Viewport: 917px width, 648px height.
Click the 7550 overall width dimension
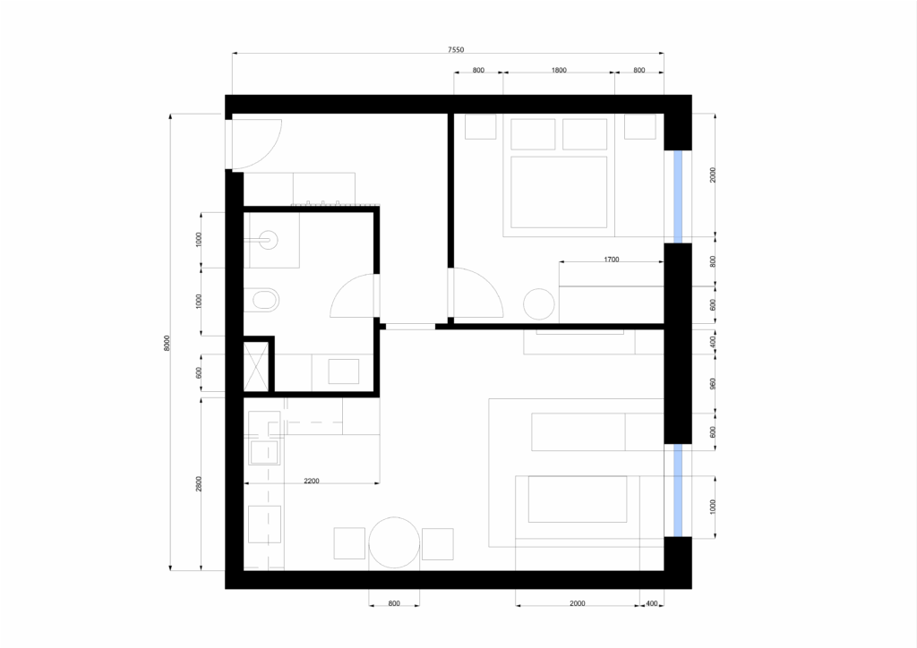tap(456, 50)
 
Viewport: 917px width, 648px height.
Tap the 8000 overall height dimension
tap(167, 343)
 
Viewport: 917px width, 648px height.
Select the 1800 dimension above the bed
tap(559, 70)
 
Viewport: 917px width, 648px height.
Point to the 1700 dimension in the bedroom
tap(611, 260)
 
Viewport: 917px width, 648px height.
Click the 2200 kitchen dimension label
tap(312, 481)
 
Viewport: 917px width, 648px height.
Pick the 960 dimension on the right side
tap(712, 384)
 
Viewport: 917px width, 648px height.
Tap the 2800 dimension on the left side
tap(199, 484)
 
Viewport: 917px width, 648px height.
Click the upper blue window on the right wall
tap(678, 196)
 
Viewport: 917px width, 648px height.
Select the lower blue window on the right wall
tap(678, 490)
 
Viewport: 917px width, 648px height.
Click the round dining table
tap(394, 542)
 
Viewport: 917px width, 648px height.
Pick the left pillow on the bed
tap(533, 134)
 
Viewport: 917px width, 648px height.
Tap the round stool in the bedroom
tap(538, 304)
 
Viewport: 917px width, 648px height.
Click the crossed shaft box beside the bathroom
tap(255, 367)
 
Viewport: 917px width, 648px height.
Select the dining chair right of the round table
tap(437, 544)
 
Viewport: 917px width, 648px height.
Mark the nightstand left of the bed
tap(481, 127)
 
